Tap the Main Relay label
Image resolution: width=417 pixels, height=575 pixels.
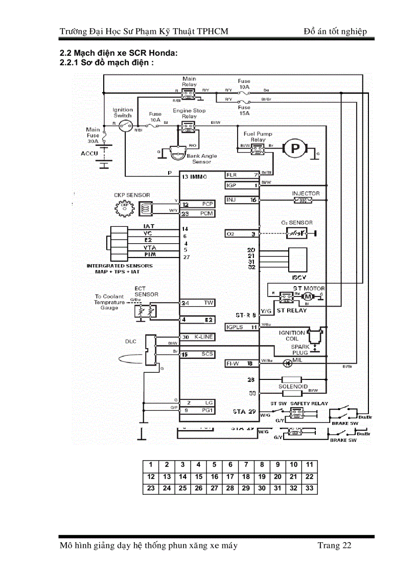coord(189,81)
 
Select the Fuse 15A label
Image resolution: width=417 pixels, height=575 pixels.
coord(244,110)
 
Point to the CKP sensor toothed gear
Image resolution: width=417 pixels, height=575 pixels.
coord(124,207)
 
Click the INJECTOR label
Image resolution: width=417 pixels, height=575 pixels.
coord(306,193)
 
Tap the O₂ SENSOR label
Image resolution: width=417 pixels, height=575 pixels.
coord(296,223)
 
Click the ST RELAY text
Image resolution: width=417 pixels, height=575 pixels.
coord(292,310)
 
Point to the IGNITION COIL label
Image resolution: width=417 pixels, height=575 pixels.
coord(292,335)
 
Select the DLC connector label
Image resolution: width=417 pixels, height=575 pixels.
coord(131,341)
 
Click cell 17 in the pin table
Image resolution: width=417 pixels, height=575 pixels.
coord(230,477)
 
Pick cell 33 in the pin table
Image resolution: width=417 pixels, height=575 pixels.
coord(309,488)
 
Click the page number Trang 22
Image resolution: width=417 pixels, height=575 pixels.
coord(334,545)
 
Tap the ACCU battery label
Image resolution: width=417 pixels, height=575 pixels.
coord(88,153)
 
